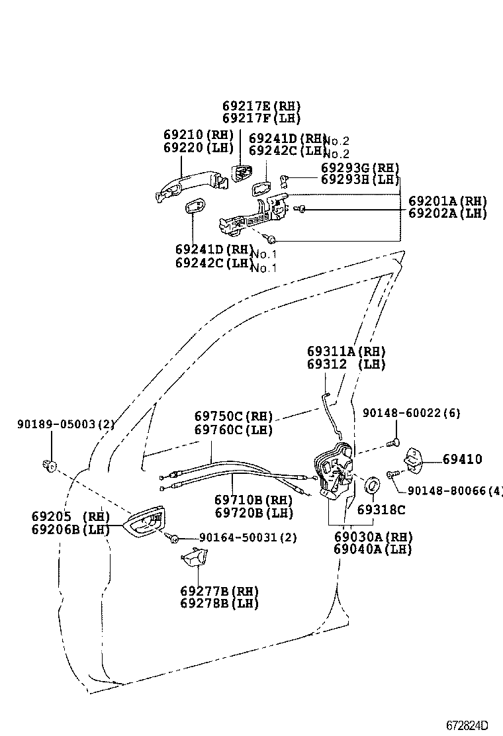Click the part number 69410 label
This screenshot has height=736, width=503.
(463, 459)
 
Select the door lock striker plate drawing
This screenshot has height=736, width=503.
(415, 460)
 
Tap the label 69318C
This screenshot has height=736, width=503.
(381, 510)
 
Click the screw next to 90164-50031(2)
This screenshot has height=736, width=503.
(174, 539)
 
